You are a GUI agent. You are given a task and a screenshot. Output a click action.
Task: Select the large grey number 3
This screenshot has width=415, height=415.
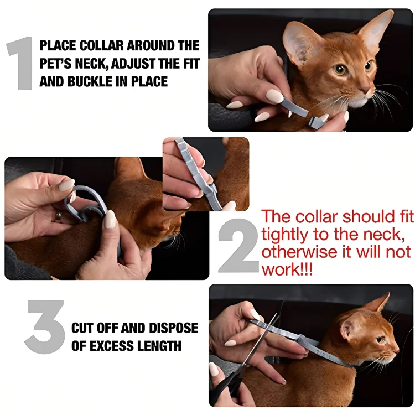(45, 327)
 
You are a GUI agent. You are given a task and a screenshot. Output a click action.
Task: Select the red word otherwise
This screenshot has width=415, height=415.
(295, 252)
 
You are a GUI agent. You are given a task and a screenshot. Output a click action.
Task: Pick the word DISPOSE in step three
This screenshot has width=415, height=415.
(171, 328)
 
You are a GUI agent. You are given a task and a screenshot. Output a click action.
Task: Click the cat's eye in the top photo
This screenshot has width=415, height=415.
(340, 70)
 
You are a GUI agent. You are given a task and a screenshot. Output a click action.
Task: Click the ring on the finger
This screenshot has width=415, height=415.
(58, 216)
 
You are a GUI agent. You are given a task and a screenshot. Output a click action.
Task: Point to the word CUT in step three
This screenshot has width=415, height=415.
(83, 328)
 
